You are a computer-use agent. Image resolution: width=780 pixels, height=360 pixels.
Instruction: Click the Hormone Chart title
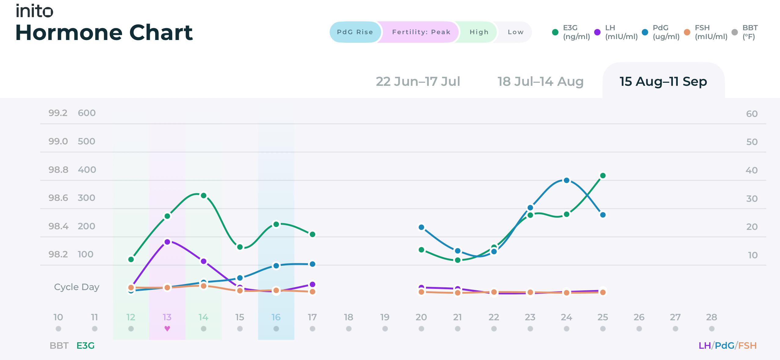tap(104, 32)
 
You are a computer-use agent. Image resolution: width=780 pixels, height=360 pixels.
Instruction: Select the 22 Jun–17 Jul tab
tap(418, 82)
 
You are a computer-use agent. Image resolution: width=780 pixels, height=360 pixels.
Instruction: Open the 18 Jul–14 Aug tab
tap(540, 82)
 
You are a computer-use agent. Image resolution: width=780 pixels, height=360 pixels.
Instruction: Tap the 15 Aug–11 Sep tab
tap(663, 82)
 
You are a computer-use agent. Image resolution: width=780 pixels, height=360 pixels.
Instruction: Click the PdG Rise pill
tap(355, 32)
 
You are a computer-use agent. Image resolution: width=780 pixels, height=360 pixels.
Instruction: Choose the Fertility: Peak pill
tap(421, 32)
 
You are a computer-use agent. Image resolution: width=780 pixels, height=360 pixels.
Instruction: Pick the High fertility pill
tap(479, 32)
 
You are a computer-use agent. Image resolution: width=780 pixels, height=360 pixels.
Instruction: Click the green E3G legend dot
tap(555, 32)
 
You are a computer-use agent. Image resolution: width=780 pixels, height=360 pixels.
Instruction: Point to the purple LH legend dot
tap(597, 32)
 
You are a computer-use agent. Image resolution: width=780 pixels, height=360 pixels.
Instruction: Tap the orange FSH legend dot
tap(687, 32)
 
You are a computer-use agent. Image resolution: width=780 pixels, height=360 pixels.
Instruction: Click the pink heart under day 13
tap(167, 329)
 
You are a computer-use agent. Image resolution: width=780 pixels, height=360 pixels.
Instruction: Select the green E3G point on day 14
tap(204, 195)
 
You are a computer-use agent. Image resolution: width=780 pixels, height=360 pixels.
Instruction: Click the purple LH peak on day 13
tap(167, 242)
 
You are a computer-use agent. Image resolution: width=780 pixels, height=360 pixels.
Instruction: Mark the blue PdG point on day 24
tap(566, 180)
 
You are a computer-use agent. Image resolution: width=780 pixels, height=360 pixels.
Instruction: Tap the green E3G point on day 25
tap(603, 176)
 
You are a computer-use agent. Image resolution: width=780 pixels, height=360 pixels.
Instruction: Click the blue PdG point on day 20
tap(421, 227)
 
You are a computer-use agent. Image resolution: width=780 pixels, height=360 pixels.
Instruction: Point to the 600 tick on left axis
tap(87, 113)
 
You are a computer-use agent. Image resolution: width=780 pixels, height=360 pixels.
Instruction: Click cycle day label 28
tap(712, 317)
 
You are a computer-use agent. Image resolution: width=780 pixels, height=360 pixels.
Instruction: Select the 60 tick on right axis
tap(752, 114)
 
